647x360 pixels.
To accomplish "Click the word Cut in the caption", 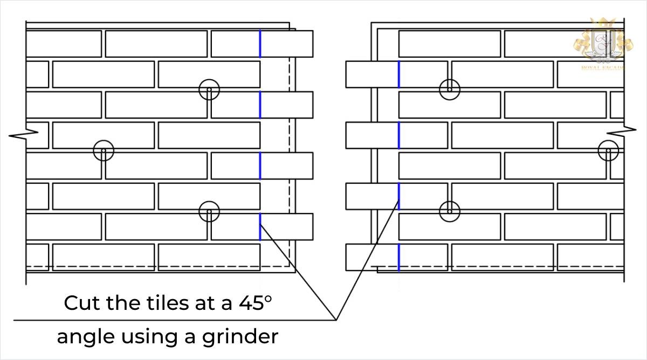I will pyautogui.click(x=81, y=303).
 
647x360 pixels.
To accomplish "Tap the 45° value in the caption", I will pyautogui.click(x=253, y=303).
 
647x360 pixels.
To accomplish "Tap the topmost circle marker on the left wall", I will pyautogui.click(x=209, y=90).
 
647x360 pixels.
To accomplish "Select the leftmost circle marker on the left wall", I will pyautogui.click(x=104, y=151).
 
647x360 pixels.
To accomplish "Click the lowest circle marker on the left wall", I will pyautogui.click(x=209, y=212).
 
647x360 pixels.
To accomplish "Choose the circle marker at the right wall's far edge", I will pyautogui.click(x=608, y=151).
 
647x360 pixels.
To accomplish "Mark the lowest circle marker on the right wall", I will pyautogui.click(x=449, y=211).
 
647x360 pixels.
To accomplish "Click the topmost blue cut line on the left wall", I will pyautogui.click(x=260, y=44).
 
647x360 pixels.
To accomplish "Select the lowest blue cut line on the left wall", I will pyautogui.click(x=260, y=226).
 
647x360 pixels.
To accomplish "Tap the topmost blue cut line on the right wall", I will pyautogui.click(x=398, y=74).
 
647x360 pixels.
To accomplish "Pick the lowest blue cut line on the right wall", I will pyautogui.click(x=398, y=257).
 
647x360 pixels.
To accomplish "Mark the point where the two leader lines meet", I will pyautogui.click(x=336, y=320).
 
